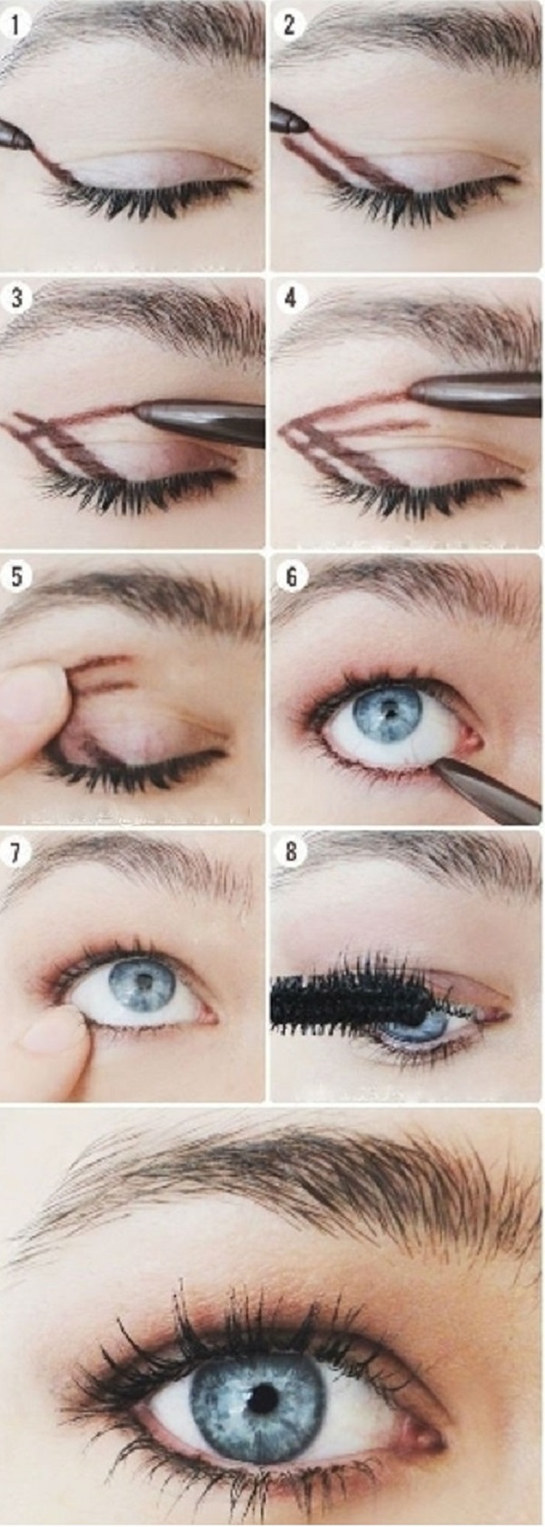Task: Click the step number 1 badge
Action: (x=17, y=25)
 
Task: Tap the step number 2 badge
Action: (x=291, y=25)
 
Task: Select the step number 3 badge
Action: (x=17, y=298)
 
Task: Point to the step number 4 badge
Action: (x=291, y=298)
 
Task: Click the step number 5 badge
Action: (x=16, y=576)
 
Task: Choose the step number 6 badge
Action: (x=291, y=576)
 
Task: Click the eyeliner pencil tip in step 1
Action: (x=29, y=141)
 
